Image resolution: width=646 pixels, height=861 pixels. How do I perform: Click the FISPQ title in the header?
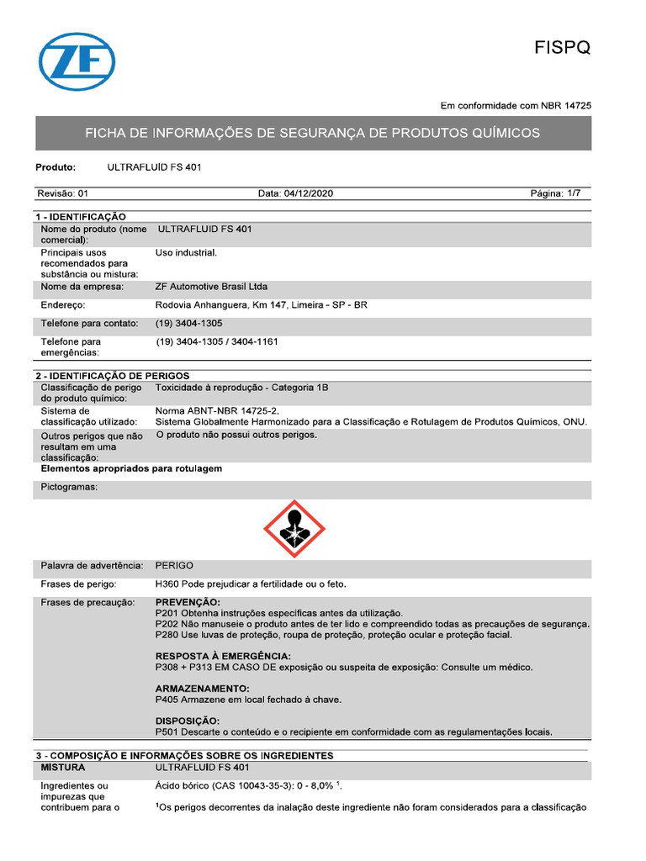click(x=563, y=48)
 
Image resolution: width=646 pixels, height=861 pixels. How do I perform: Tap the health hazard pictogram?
click(x=294, y=529)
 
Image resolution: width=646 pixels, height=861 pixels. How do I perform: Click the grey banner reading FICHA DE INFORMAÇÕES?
click(x=313, y=133)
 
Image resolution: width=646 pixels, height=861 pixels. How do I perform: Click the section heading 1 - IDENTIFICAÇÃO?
click(x=81, y=217)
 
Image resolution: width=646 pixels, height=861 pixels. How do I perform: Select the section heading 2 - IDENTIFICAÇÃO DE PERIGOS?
click(x=112, y=375)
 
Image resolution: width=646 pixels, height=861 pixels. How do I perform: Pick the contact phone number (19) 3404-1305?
click(x=189, y=324)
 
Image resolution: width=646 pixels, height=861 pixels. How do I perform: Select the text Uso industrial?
click(x=186, y=252)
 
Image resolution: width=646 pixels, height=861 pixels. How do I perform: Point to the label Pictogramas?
click(x=69, y=487)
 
